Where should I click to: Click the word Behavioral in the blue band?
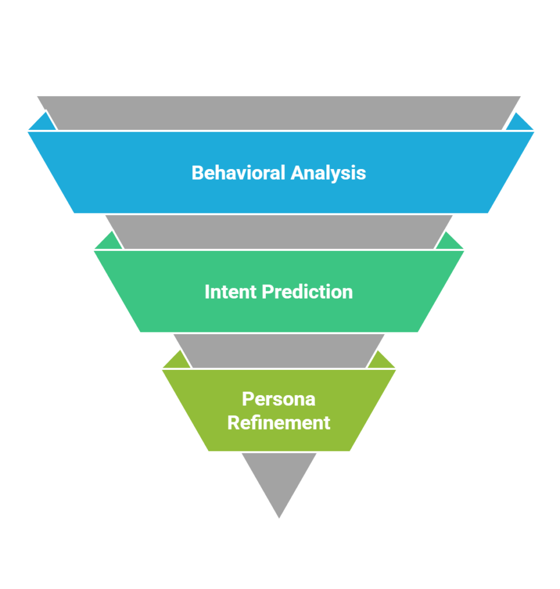238,173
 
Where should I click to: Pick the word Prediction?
307,292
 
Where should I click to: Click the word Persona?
279,399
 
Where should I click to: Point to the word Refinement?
279,423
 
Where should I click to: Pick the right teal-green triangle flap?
449,242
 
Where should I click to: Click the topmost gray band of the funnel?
279,113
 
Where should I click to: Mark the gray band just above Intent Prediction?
279,232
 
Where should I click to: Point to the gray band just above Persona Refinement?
279,351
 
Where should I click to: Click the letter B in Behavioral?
197,173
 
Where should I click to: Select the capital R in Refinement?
234,423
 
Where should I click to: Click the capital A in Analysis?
298,173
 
